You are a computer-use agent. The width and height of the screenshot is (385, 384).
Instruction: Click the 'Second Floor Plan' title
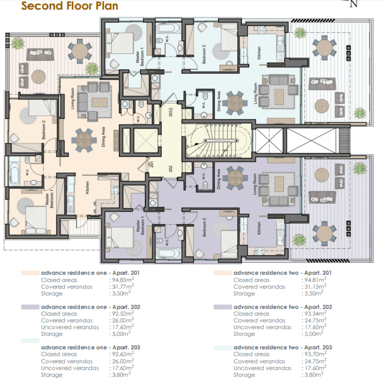pyautogui.click(x=70, y=6)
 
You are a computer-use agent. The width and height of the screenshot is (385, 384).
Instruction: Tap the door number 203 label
pyautogui.click(x=171, y=112)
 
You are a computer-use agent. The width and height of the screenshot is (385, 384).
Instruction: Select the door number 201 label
pyautogui.click(x=152, y=164)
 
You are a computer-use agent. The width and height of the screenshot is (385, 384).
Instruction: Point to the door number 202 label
pyautogui.click(x=170, y=168)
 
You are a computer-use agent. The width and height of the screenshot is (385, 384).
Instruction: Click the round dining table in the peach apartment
pyautogui.click(x=84, y=140)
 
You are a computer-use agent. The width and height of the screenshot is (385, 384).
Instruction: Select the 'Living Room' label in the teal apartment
pyautogui.click(x=255, y=93)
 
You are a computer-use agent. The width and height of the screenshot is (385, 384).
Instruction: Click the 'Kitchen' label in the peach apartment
pyautogui.click(x=87, y=188)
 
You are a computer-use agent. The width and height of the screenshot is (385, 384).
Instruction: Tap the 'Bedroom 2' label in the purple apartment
pyautogui.click(x=204, y=227)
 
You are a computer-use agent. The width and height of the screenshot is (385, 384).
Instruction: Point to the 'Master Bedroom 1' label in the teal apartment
pyautogui.click(x=140, y=56)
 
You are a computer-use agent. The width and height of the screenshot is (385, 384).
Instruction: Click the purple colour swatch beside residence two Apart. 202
pyautogui.click(x=223, y=307)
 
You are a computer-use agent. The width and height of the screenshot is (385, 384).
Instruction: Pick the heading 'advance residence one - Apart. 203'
pyautogui.click(x=91, y=348)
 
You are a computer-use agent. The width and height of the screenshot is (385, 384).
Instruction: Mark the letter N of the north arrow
pyautogui.click(x=353, y=4)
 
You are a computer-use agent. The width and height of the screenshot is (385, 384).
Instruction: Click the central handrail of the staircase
pyautogui.click(x=221, y=141)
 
